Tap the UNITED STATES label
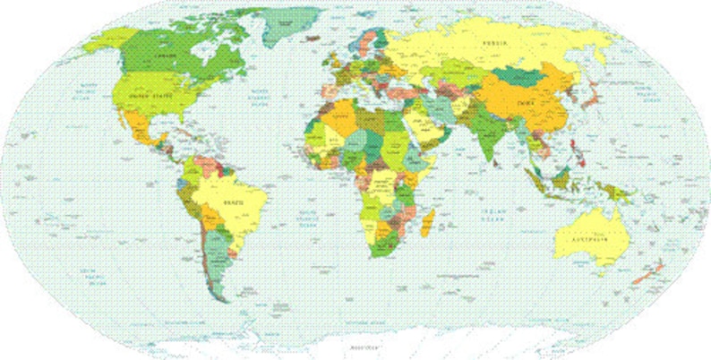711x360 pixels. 150,93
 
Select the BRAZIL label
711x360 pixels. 233,202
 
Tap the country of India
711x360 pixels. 487,134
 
